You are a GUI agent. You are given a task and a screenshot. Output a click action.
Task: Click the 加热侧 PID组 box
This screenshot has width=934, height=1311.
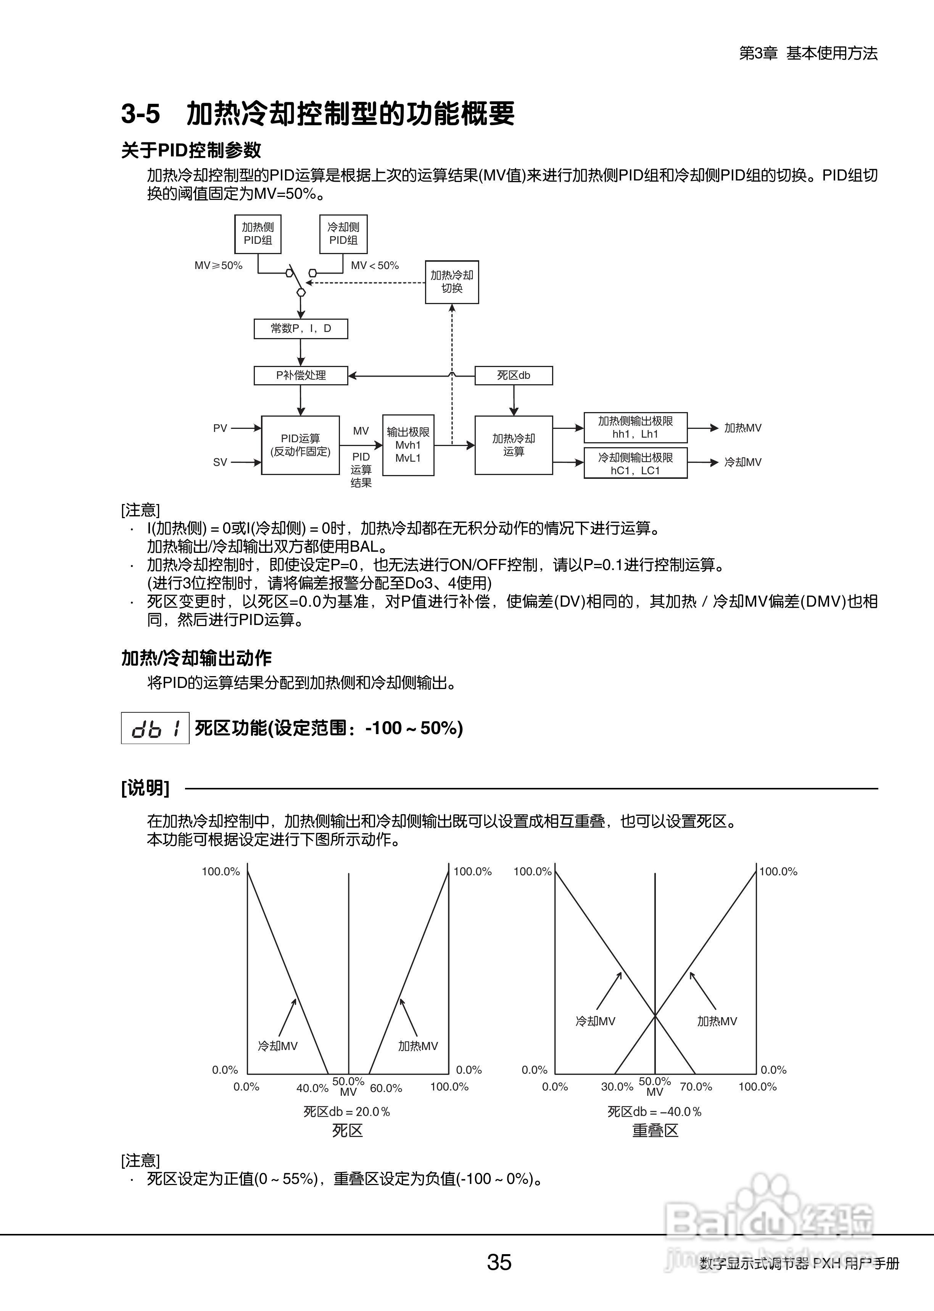258,234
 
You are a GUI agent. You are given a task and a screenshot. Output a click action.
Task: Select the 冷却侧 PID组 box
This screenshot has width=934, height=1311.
343,234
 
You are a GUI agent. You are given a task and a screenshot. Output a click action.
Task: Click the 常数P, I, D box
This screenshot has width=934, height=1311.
301,329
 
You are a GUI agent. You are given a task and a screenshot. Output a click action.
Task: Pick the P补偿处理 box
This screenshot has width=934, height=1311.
301,375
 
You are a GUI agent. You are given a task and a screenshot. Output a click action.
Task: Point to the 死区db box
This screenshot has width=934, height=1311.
514,375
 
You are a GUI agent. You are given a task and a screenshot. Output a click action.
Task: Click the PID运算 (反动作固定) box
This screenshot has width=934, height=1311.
300,445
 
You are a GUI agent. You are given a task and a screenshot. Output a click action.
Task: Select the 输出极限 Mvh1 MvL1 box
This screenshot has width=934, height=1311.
408,445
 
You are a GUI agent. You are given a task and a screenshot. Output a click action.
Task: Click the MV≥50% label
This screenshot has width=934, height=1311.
219,266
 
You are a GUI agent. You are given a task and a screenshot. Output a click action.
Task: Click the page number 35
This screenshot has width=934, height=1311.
499,1262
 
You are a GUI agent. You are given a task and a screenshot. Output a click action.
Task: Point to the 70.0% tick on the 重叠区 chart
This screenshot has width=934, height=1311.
696,1087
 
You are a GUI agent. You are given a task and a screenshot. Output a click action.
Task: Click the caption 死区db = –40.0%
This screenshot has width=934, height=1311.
654,1111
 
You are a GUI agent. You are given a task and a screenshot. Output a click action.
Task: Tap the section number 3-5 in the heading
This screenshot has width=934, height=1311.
140,114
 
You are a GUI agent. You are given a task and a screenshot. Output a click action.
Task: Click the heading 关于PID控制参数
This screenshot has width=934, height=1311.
191,151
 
